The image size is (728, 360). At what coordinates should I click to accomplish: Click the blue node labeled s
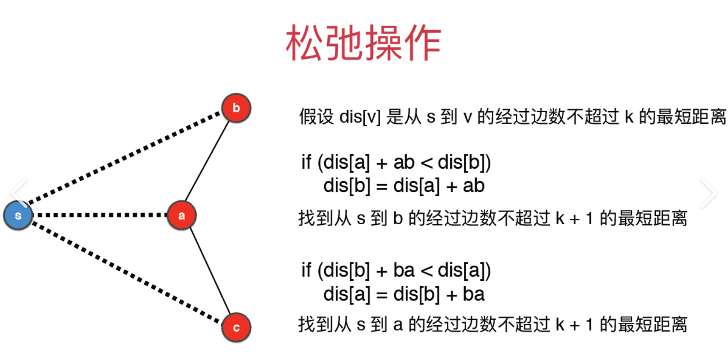18,216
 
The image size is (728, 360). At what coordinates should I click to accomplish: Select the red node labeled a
181,216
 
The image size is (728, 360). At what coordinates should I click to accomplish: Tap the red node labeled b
236,108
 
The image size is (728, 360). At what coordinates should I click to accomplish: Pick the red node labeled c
236,328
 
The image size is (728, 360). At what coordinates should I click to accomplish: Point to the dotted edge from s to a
100,215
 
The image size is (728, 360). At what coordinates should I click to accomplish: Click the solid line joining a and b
207,161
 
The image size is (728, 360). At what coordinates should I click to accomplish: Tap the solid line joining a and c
210,271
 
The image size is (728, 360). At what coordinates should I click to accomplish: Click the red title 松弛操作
363,43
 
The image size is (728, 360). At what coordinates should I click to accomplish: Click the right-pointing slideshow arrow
709,193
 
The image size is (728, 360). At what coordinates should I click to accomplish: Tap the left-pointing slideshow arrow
19,192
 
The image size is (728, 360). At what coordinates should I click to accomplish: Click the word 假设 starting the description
316,116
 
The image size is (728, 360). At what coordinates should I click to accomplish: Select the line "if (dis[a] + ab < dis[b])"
396,162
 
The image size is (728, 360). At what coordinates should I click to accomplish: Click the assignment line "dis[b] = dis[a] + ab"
404,186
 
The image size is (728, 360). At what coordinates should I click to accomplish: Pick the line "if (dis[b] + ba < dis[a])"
396,270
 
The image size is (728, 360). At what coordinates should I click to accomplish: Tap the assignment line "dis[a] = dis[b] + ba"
404,294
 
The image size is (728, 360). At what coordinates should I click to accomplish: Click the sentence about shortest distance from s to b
493,218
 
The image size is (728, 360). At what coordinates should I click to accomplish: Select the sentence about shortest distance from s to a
493,324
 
